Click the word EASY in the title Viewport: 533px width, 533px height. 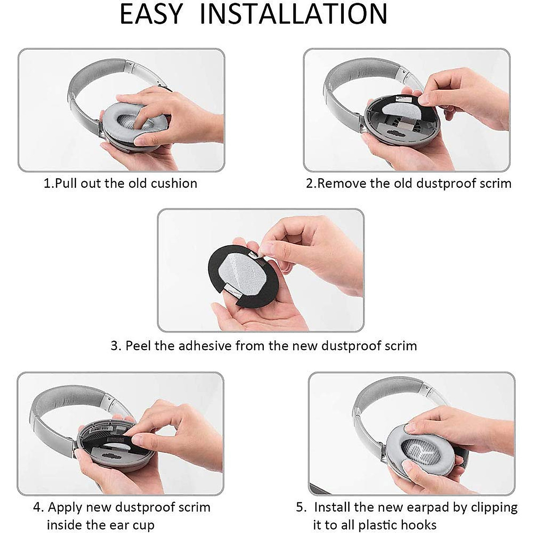(151, 14)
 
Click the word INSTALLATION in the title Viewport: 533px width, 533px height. (294, 14)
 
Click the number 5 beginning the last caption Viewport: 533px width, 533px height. (300, 507)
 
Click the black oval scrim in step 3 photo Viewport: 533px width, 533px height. (222, 275)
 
